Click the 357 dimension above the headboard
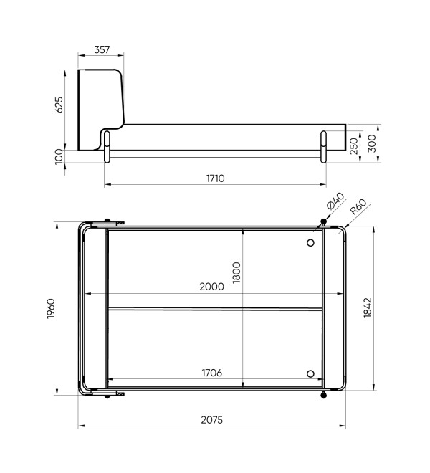102,49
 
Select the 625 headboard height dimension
59,105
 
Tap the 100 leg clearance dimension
59,156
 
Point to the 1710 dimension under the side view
216,178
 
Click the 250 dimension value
353,146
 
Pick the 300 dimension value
372,143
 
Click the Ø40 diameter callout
335,201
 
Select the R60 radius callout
358,206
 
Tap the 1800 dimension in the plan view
236,272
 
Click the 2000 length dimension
212,286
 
